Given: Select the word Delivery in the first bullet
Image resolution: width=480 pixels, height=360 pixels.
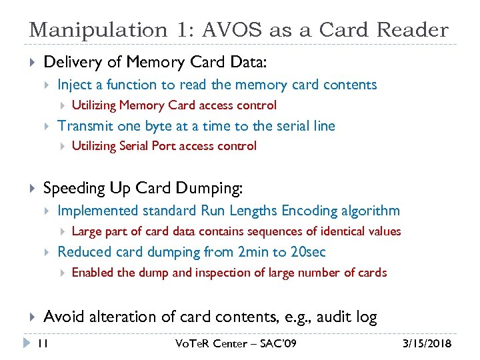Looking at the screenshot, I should point(69,63).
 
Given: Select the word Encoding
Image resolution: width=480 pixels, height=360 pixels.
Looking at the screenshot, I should point(309,211).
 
